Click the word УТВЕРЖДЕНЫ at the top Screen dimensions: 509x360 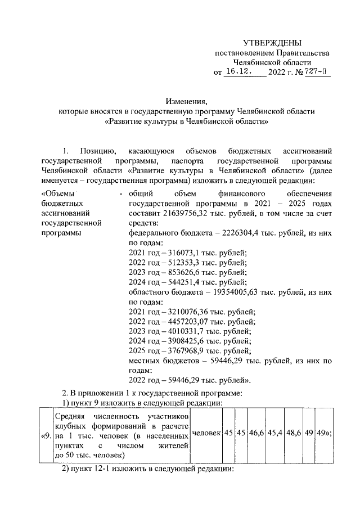(272, 43)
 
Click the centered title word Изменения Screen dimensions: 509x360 (187, 101)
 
